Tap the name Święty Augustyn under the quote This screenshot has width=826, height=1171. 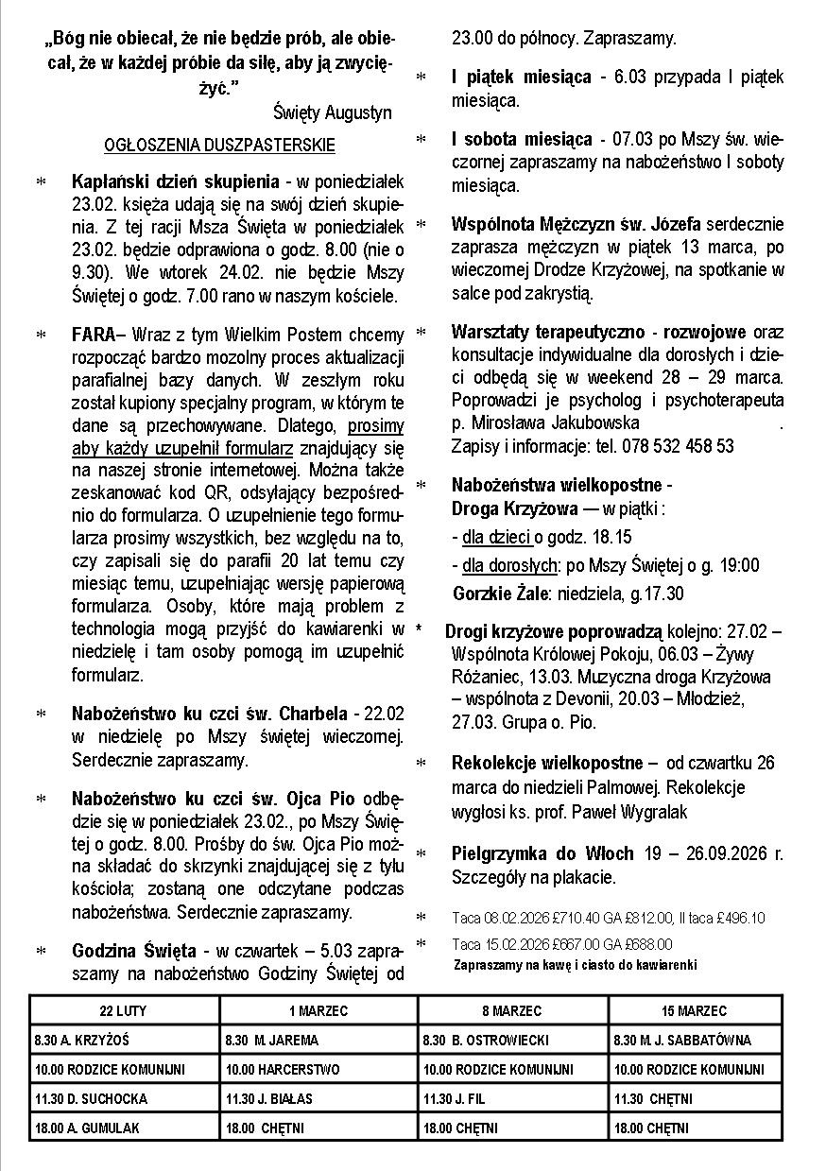[332, 112]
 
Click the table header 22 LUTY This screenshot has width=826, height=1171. [124, 1011]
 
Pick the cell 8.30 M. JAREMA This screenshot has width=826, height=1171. [272, 1041]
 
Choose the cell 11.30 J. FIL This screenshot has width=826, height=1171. [455, 1099]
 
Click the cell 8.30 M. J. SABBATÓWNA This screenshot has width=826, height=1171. [682, 1041]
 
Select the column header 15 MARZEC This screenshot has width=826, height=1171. [695, 1011]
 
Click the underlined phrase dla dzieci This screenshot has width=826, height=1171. [497, 538]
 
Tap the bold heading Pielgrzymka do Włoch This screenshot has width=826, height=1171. [542, 853]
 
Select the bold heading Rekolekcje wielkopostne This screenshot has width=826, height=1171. [548, 763]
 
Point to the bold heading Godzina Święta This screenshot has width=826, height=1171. [134, 951]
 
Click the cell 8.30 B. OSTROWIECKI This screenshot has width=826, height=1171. [487, 1041]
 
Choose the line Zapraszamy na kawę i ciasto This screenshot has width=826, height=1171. [575, 965]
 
